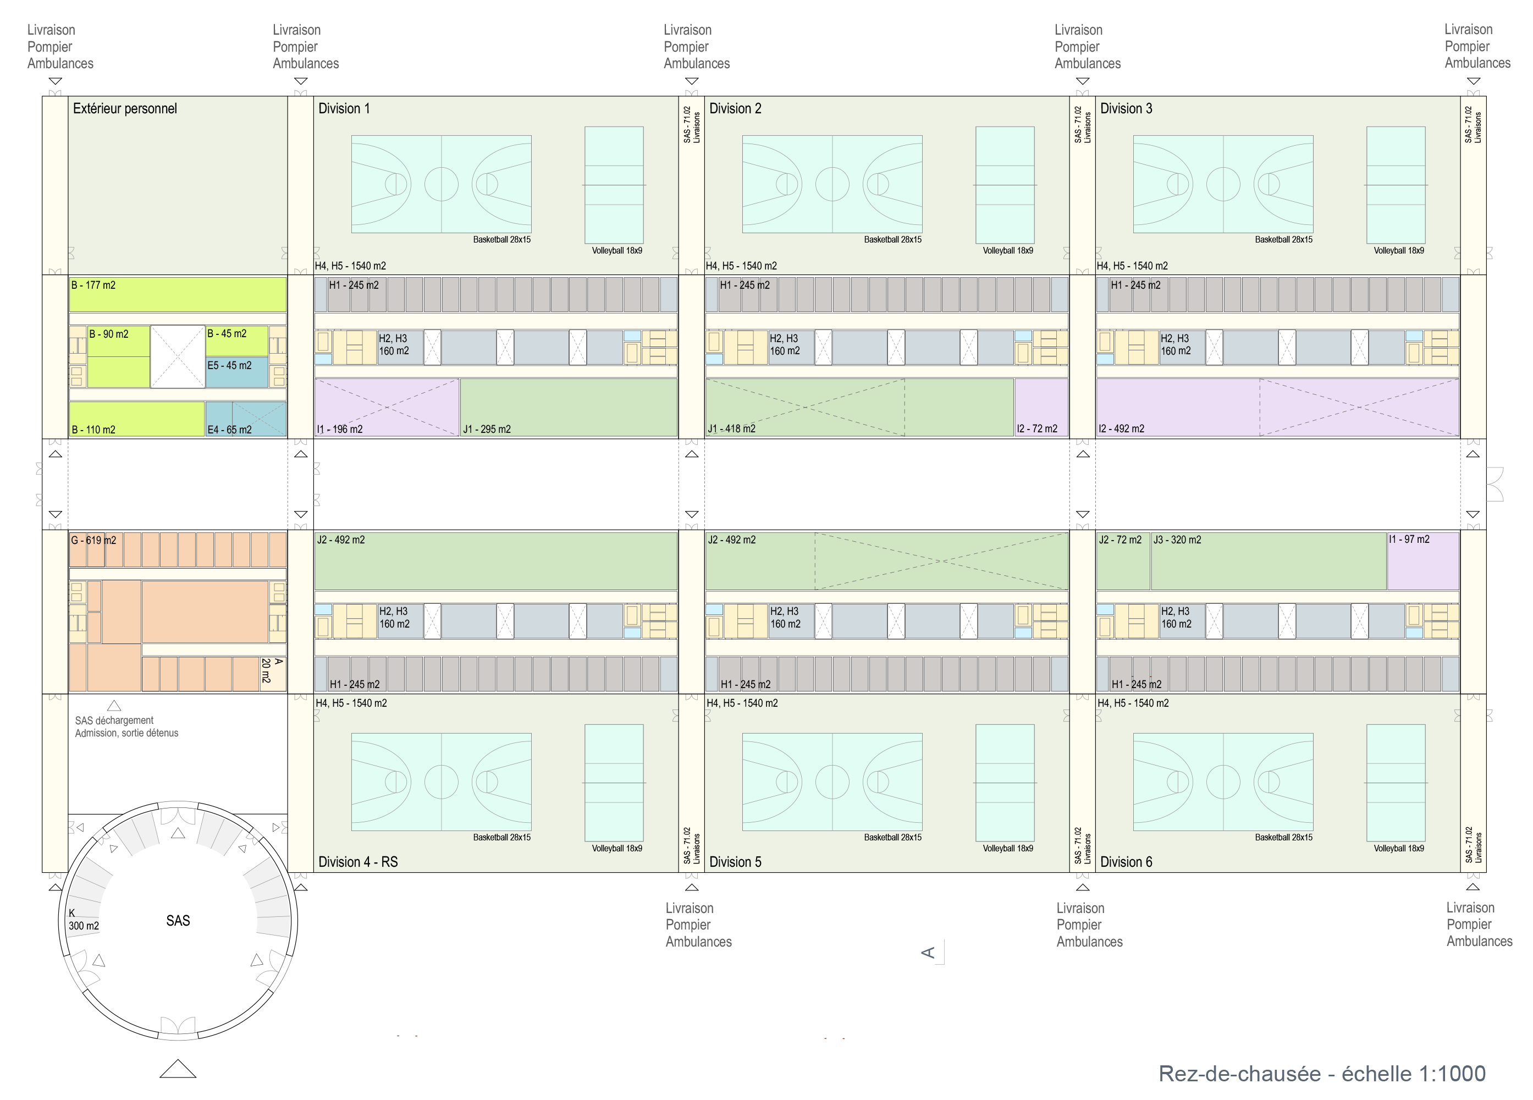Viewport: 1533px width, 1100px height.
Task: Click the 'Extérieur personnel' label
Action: pos(124,109)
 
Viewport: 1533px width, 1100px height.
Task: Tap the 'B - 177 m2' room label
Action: pos(93,285)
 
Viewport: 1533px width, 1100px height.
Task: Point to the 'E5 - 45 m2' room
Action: pos(236,372)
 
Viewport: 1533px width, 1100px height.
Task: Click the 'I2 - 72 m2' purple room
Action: pos(1040,407)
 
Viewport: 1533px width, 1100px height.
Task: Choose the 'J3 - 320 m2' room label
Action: pos(1177,540)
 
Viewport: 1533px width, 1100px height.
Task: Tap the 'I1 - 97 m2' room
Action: pos(1423,561)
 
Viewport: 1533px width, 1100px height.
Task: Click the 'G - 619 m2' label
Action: pos(93,540)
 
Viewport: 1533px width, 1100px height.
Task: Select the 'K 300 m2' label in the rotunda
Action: pos(82,920)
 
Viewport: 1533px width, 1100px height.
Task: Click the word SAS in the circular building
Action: pos(178,921)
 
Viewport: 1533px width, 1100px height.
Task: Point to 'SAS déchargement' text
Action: pos(114,721)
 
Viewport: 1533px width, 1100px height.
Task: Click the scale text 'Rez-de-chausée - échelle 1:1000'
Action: pos(1321,1074)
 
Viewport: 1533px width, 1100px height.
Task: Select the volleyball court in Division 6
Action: pos(1396,782)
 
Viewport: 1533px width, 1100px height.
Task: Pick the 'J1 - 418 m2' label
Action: pos(731,428)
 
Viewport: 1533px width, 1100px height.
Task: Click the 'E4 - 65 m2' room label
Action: pos(229,430)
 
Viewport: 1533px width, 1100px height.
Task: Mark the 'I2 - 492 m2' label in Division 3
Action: pos(1121,428)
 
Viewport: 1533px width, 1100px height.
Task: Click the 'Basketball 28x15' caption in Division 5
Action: pos(892,837)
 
